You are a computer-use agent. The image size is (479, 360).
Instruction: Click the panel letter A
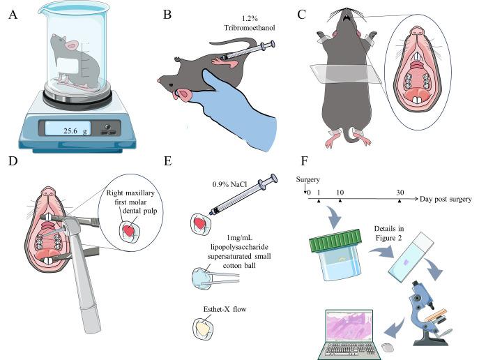pos(12,13)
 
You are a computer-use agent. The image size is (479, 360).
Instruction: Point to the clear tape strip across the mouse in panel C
pos(342,70)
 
